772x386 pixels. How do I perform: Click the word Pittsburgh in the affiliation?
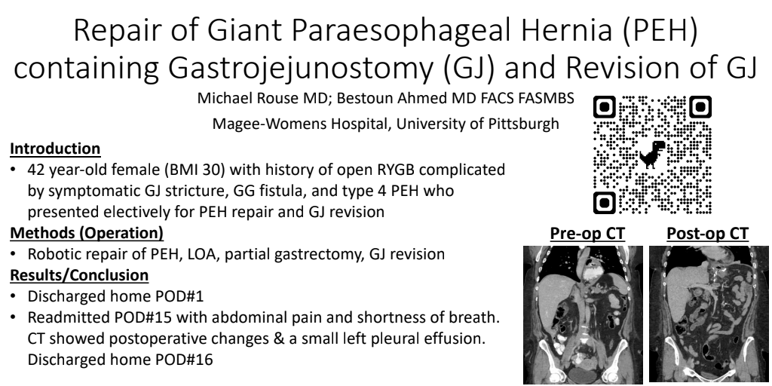[x=523, y=124]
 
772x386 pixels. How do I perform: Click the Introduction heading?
[x=55, y=149]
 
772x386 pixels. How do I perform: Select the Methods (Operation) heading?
[x=87, y=232]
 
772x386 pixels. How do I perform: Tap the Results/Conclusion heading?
[x=79, y=274]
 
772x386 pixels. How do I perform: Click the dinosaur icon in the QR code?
[x=652, y=154]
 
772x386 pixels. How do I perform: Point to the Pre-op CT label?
[x=587, y=234]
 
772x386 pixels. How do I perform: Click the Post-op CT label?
[x=707, y=234]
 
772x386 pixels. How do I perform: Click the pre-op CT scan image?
[x=583, y=314]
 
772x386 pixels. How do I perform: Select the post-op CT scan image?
[x=709, y=314]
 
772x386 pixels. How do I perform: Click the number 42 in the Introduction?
[x=36, y=170]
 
